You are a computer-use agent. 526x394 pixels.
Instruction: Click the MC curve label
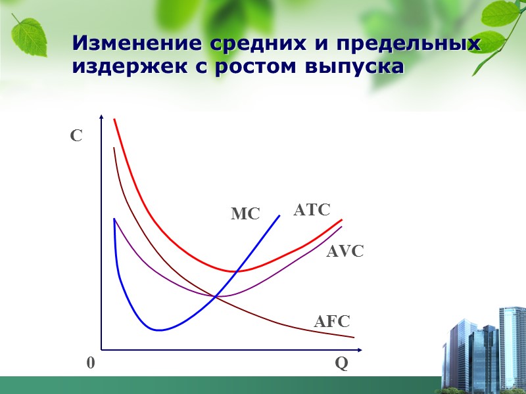[245, 214]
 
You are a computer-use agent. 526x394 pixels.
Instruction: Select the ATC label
[312, 210]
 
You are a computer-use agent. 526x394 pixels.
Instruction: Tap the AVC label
[345, 251]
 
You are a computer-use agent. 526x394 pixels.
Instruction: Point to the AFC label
[332, 322]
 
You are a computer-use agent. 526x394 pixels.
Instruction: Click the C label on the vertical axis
[76, 137]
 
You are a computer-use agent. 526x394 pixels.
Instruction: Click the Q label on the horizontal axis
[341, 364]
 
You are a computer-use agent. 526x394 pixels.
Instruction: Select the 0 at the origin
[90, 363]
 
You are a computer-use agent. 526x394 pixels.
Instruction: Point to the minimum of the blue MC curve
[158, 330]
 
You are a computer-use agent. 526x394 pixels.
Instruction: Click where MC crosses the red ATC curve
[235, 271]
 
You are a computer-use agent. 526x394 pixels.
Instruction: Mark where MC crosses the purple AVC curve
[216, 296]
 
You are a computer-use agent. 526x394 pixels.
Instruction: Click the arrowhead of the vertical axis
[101, 118]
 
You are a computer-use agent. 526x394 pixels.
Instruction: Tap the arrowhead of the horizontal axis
[360, 349]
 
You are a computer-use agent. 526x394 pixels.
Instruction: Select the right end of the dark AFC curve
[354, 337]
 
